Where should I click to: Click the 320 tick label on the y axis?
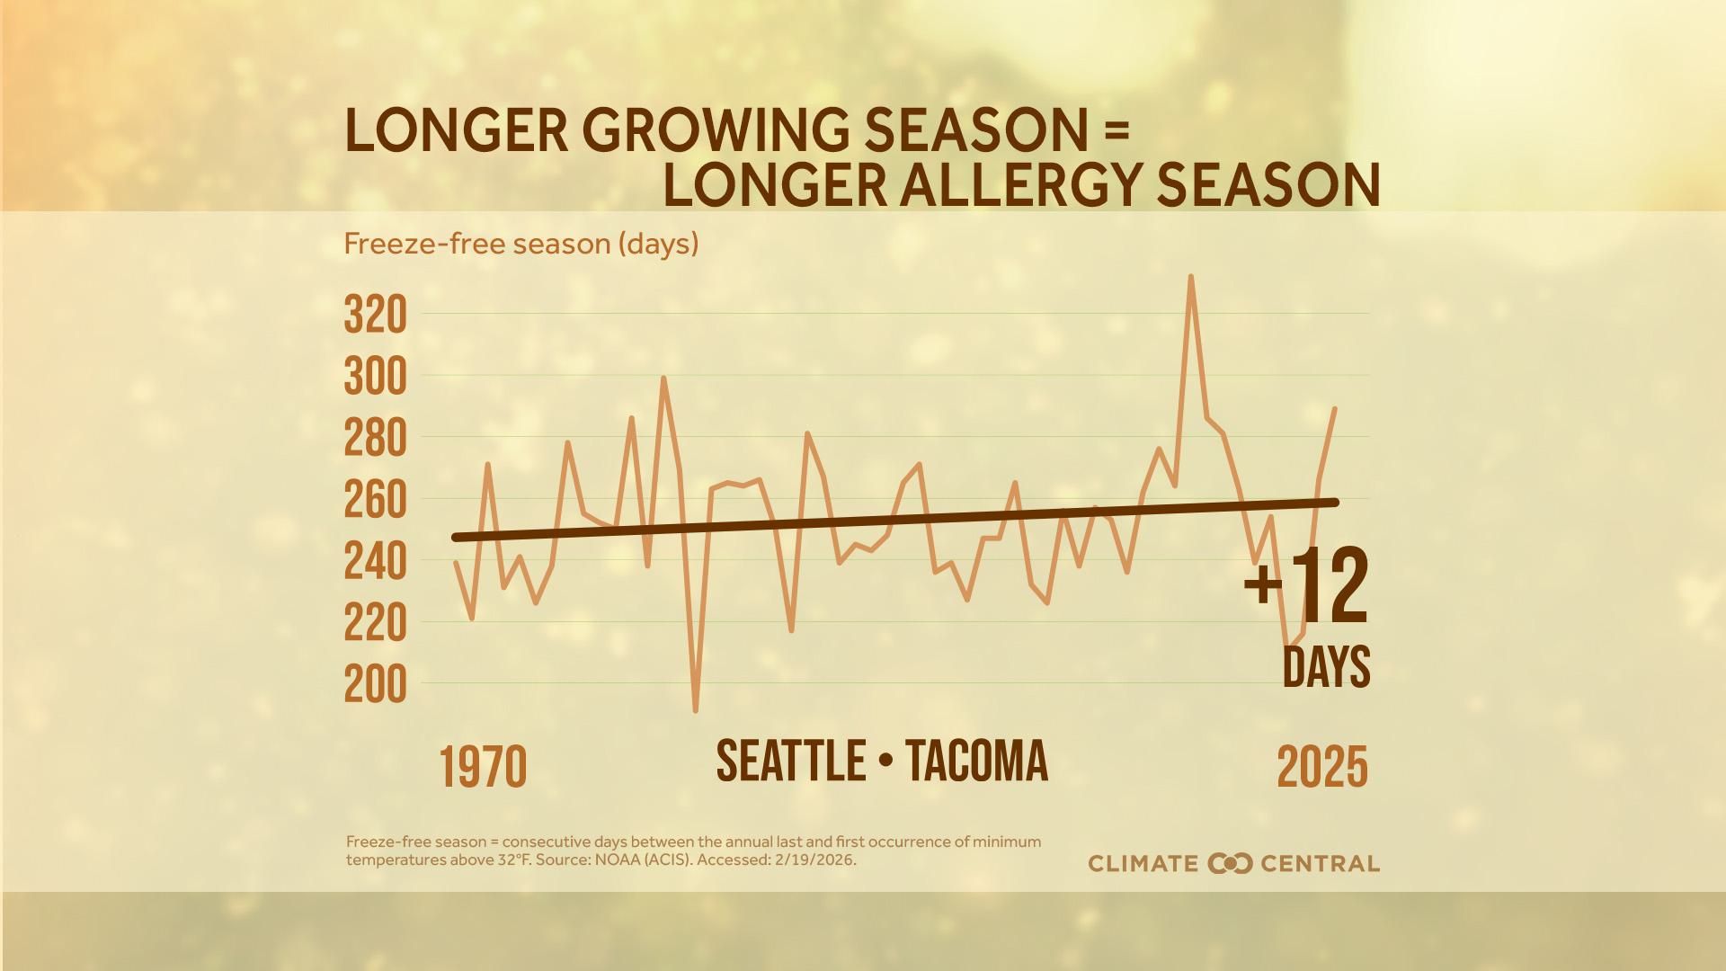375,316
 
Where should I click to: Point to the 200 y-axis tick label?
375,686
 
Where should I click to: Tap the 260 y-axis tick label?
375,501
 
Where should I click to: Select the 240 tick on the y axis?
375,563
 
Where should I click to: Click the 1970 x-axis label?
483,768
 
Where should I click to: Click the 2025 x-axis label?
1321,768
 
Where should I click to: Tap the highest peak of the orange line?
1190,277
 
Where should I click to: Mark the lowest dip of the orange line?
695,711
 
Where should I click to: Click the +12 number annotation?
1306,586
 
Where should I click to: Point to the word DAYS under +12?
1325,666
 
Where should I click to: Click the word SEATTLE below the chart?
790,761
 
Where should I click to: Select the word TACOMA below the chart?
976,761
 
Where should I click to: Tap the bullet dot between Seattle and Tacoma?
886,762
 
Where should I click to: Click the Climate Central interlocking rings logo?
1230,864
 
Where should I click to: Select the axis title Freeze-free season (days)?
520,244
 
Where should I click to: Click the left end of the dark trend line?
456,538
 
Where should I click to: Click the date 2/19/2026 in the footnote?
815,860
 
